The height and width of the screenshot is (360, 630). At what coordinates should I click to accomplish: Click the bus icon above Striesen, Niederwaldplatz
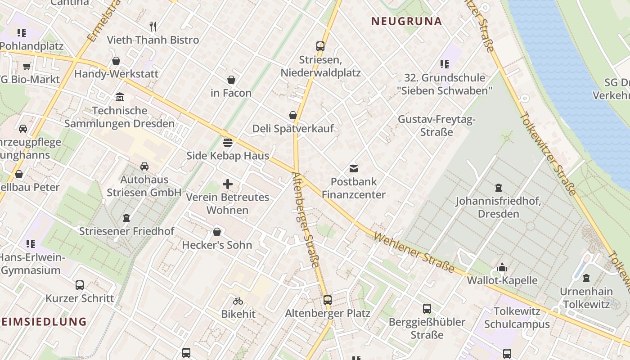tap(320, 46)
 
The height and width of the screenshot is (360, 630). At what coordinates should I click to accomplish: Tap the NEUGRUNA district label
tap(406, 21)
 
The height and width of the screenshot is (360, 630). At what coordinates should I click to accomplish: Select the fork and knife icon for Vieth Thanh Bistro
tap(153, 27)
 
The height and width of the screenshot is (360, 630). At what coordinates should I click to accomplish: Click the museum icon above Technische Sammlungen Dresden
tap(120, 97)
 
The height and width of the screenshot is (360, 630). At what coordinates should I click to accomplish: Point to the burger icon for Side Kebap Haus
tap(228, 143)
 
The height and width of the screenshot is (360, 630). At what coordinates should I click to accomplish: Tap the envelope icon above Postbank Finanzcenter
tap(354, 169)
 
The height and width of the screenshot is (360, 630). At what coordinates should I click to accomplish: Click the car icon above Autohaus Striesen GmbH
tap(144, 166)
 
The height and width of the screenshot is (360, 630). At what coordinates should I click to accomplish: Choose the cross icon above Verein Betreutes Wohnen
tap(228, 184)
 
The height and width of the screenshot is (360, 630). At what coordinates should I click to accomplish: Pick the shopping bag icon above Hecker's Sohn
tap(217, 232)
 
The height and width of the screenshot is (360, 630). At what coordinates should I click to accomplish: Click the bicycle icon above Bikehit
tap(238, 301)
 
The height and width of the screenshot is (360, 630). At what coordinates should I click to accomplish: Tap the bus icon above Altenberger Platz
tap(328, 300)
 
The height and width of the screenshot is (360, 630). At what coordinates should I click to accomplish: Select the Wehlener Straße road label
tap(414, 252)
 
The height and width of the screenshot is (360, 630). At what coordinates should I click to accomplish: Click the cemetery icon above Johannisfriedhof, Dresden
tap(498, 188)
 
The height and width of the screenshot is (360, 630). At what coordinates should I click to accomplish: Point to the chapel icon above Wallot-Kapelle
tap(502, 268)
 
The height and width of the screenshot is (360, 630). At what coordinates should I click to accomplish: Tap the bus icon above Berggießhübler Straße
tap(427, 309)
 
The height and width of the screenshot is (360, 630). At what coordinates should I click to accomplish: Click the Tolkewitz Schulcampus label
tap(517, 318)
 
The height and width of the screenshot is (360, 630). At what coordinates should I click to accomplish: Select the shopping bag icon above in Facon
tap(231, 80)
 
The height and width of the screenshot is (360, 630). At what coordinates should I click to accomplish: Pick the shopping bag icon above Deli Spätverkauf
tap(293, 115)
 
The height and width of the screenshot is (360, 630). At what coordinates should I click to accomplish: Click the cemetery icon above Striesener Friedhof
tap(126, 218)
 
